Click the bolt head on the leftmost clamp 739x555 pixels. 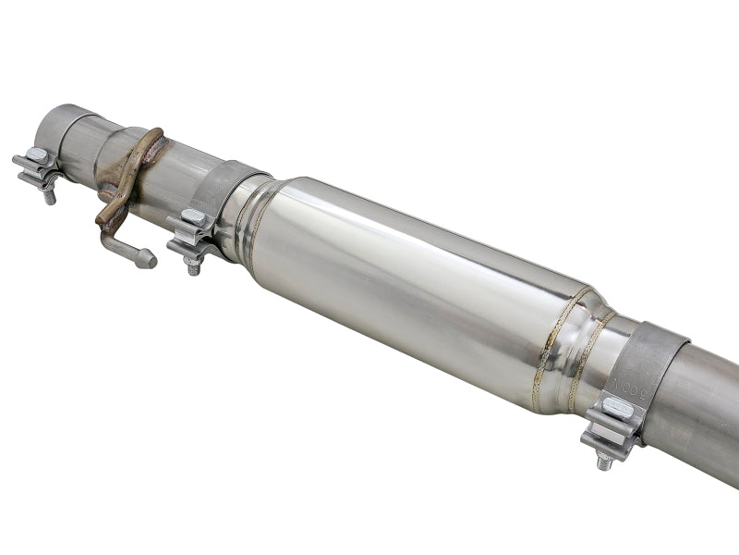point(36,155)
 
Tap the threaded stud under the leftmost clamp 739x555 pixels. point(50,195)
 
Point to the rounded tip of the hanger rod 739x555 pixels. point(148,261)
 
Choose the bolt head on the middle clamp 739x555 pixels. point(193,217)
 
